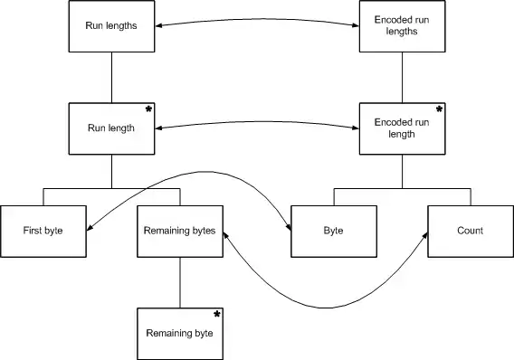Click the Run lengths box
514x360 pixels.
click(x=111, y=26)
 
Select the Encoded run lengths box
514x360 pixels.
click(x=402, y=26)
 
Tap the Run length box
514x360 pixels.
click(x=111, y=128)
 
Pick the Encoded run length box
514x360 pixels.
click(x=402, y=128)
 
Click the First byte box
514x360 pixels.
click(x=43, y=232)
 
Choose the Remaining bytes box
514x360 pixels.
click(x=180, y=232)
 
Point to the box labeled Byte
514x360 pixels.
click(x=334, y=232)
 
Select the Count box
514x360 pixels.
click(x=471, y=232)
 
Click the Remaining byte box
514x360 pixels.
click(x=180, y=334)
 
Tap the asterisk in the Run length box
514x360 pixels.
click(x=148, y=109)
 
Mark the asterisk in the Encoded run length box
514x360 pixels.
click(x=439, y=109)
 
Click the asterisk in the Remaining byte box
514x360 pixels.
click(x=216, y=315)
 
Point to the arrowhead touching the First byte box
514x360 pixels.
click(x=90, y=228)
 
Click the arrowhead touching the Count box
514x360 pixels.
click(x=425, y=235)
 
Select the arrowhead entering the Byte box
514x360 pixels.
click(x=288, y=227)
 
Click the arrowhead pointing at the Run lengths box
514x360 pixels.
click(x=158, y=25)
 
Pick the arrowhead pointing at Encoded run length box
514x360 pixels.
click(x=356, y=128)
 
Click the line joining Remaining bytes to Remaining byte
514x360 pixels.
click(x=180, y=283)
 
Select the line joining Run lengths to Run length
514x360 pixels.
click(x=111, y=78)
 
